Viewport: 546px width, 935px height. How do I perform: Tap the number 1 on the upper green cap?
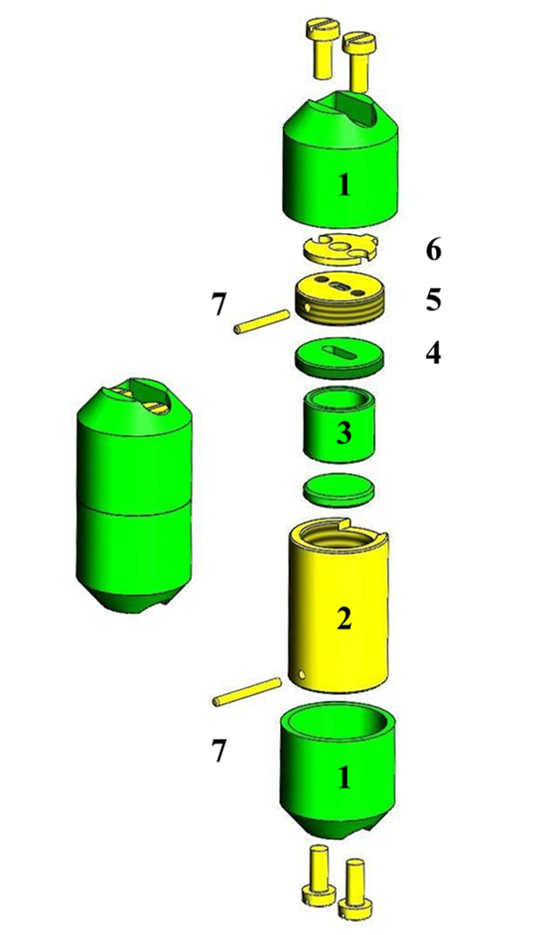tap(344, 185)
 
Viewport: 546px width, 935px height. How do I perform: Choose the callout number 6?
tap(433, 250)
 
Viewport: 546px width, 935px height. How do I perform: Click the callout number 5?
tap(433, 300)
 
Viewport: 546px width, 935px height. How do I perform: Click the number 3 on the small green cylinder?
tap(343, 433)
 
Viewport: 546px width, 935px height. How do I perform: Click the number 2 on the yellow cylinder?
tap(344, 619)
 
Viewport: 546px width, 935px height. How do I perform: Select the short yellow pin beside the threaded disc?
tap(261, 321)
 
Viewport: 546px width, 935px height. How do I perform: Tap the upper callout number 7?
tap(219, 306)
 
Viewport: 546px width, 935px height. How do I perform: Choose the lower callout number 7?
tap(219, 752)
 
